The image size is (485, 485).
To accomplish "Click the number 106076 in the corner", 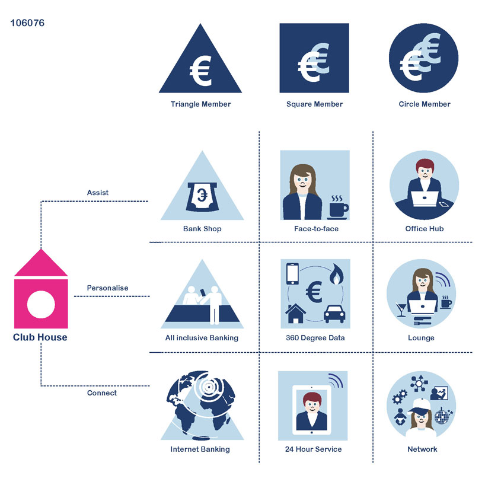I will coord(27,24).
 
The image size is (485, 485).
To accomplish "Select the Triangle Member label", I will coord(200,104).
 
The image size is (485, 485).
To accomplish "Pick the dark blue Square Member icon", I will coord(314,58).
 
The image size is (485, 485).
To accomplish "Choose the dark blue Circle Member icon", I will coord(423,58).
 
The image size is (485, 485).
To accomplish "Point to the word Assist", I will coord(98,193).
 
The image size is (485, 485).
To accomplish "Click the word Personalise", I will coord(107,288).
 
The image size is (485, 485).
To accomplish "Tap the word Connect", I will coord(102,393).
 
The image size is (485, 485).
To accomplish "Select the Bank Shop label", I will coord(202,229).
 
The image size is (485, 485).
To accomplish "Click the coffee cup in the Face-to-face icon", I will coord(337,209).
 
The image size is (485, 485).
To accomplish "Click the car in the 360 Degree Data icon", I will coord(335,314).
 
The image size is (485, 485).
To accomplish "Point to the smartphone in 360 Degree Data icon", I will coord(292,273).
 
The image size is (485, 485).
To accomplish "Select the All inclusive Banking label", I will coord(202,338).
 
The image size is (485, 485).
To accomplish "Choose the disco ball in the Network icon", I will coord(442,415).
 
